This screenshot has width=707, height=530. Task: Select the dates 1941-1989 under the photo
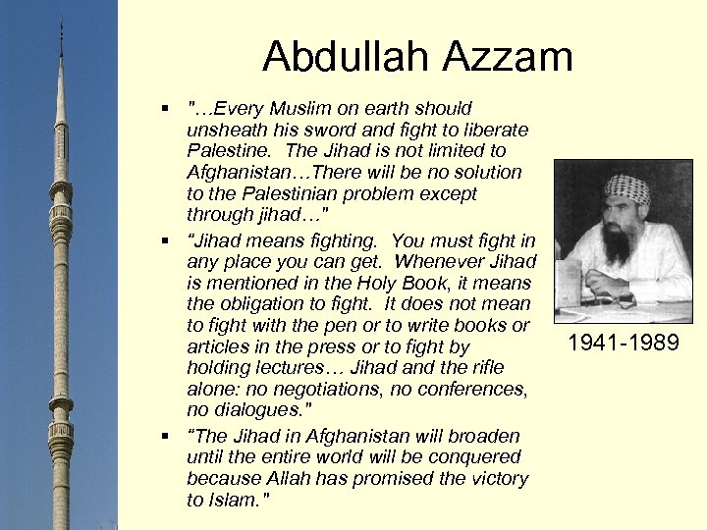(x=625, y=344)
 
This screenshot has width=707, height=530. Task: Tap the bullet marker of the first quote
(x=170, y=107)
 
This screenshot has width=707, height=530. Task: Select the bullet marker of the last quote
(x=170, y=436)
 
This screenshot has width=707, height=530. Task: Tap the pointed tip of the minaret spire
(x=61, y=22)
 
